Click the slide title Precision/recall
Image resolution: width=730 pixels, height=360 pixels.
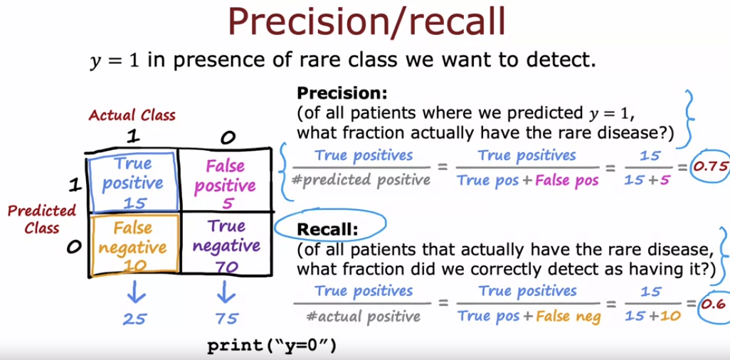tap(366, 23)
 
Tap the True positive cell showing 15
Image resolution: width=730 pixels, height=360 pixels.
tap(132, 181)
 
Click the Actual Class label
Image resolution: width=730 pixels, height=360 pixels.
tap(132, 115)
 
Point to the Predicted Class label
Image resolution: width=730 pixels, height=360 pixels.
tap(42, 219)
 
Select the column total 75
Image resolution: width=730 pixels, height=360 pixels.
tap(226, 318)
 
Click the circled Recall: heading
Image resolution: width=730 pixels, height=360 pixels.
tap(329, 229)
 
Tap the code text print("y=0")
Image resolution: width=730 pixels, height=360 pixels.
tap(270, 346)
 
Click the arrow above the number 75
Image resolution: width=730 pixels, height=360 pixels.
tap(226, 292)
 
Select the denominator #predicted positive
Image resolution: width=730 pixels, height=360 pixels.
tap(361, 179)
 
